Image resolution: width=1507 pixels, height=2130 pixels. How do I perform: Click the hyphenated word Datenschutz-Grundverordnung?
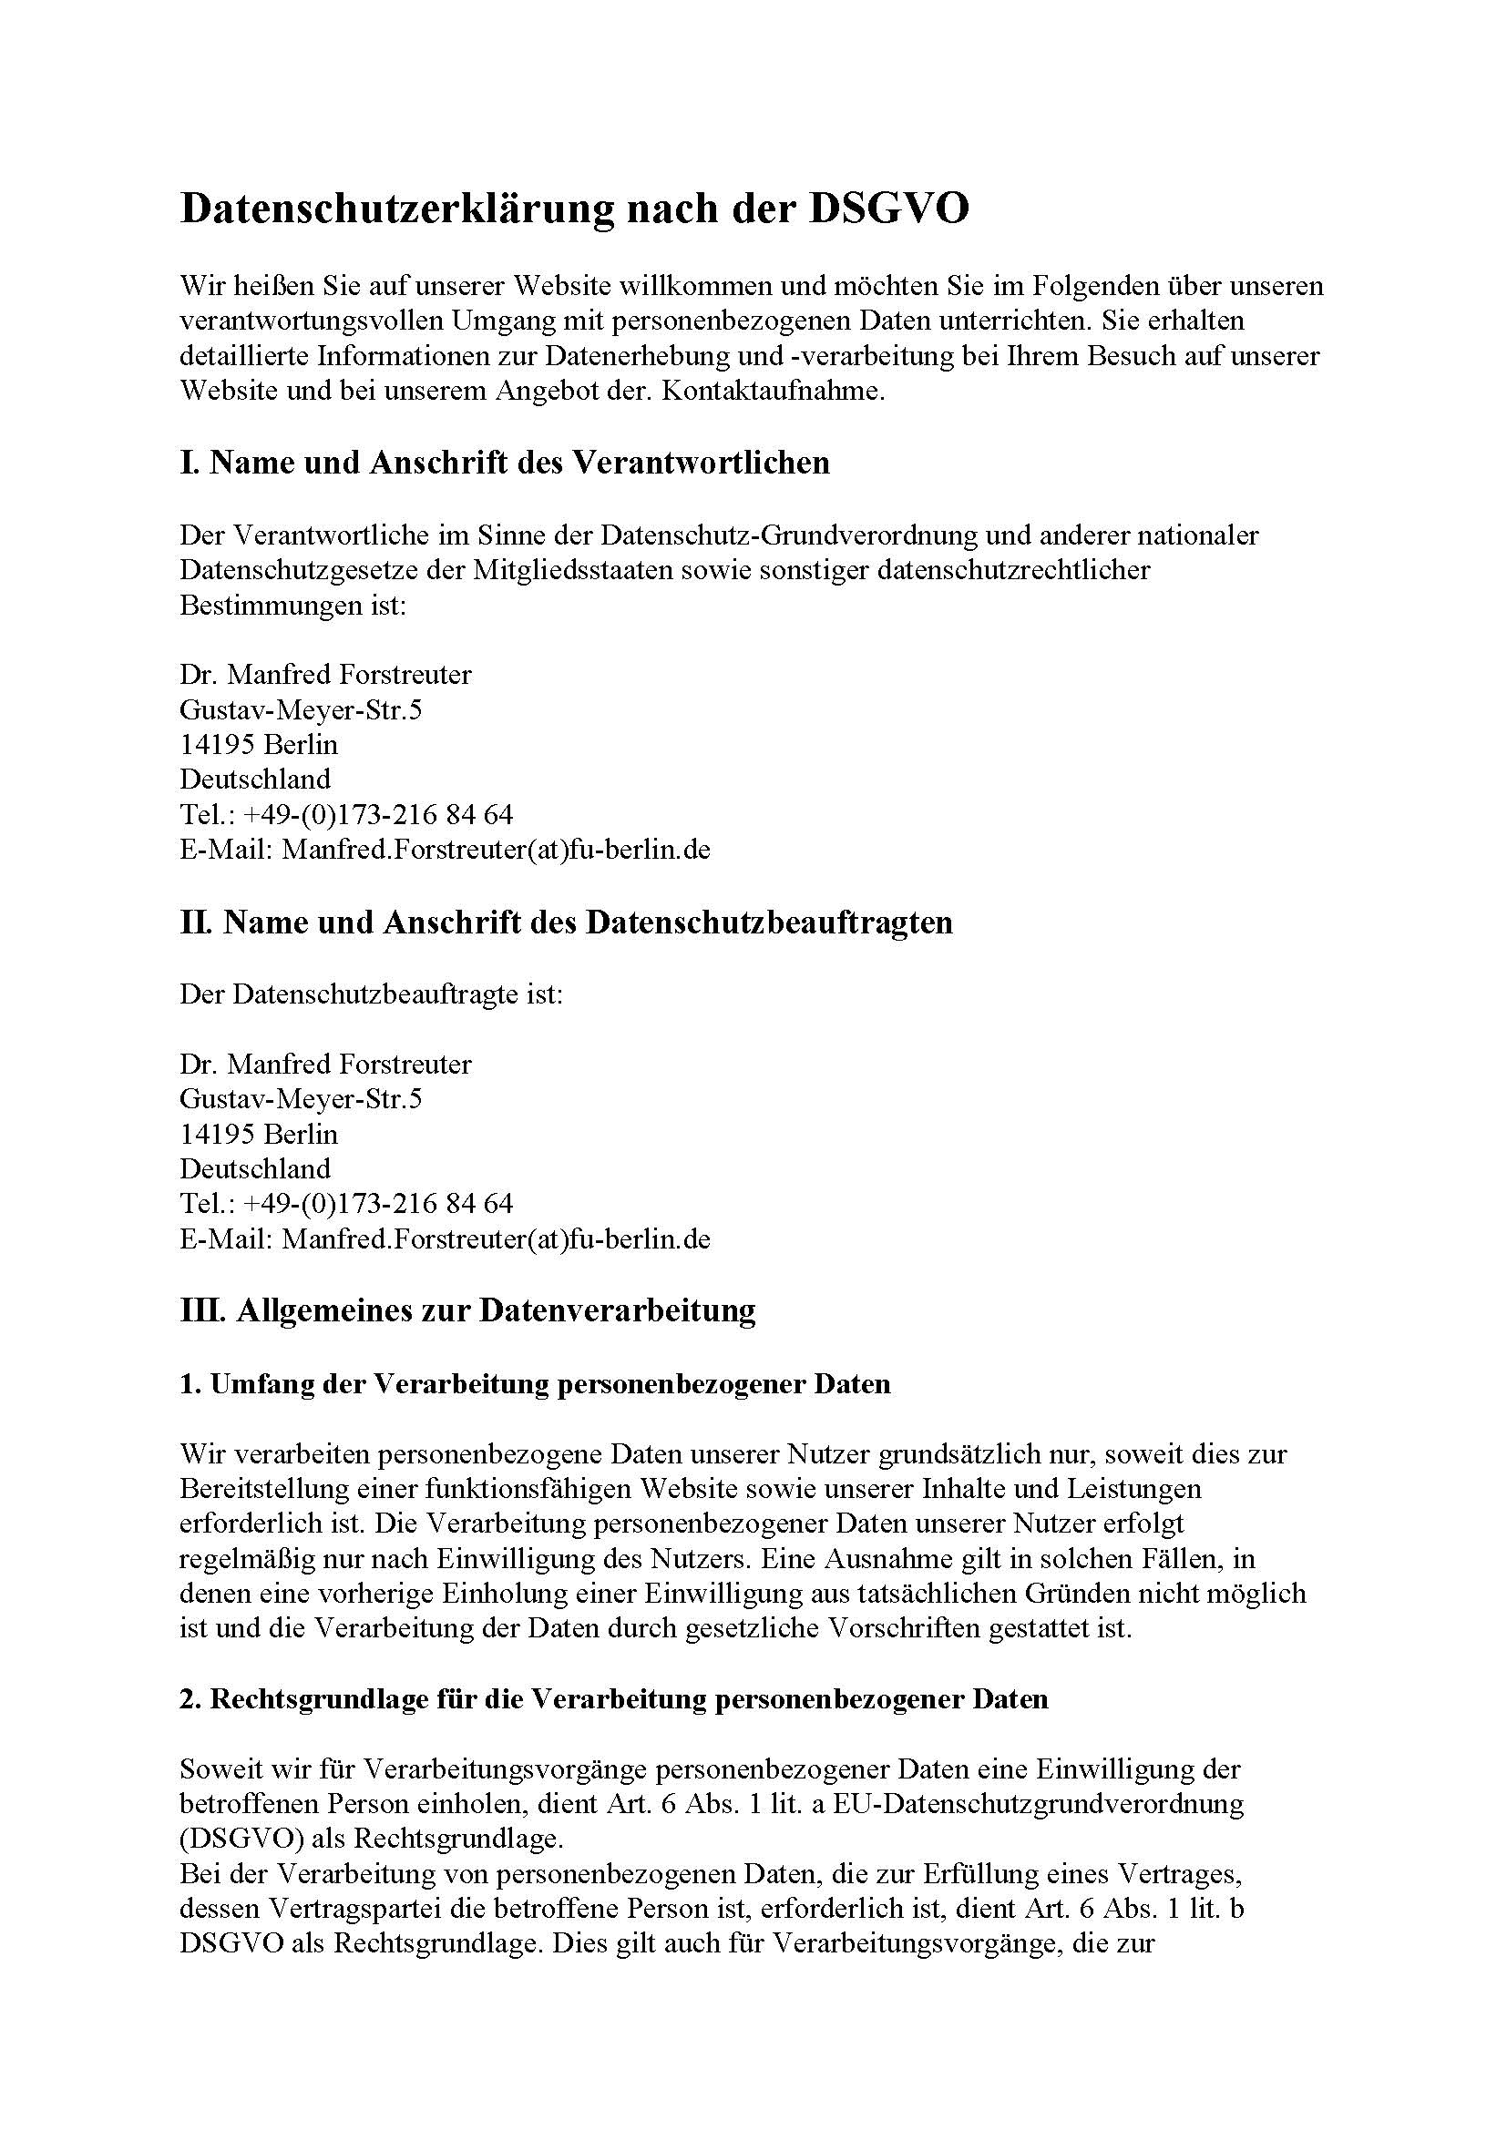click(x=789, y=535)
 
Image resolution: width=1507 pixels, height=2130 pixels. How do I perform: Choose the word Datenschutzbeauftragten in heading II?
click(x=770, y=922)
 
